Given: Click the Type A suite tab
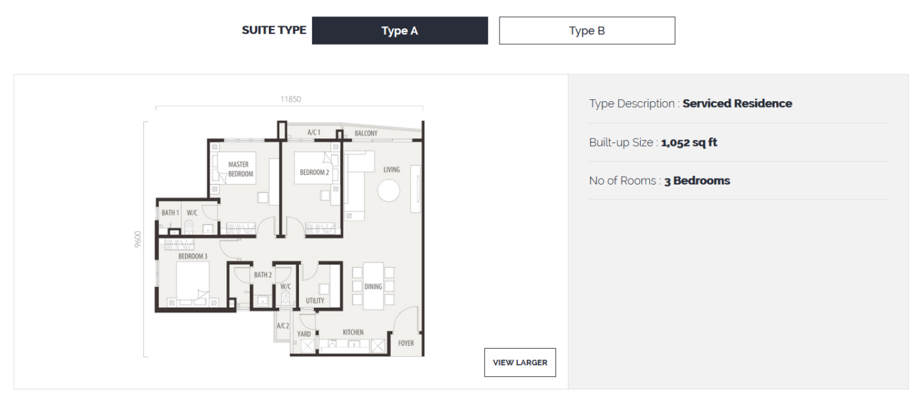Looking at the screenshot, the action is click(x=400, y=30).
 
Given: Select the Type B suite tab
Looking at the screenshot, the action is click(x=587, y=30).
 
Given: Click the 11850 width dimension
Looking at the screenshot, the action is click(x=290, y=99).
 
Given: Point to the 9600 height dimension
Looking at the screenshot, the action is click(x=137, y=239).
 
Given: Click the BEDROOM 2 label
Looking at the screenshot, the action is click(x=314, y=172).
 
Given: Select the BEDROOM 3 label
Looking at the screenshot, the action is click(x=193, y=256).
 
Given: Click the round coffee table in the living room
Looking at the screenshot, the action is click(x=388, y=191).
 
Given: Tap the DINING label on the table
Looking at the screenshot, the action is click(x=373, y=287).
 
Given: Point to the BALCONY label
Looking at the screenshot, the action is click(x=366, y=133).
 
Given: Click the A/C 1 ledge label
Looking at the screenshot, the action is click(x=314, y=133).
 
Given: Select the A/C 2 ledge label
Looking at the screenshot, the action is click(x=283, y=326).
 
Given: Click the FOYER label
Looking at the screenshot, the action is click(x=406, y=343).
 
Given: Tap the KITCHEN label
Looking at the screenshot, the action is click(x=354, y=332).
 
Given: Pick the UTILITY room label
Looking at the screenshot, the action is click(x=315, y=301).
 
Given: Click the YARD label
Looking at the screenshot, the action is click(x=304, y=334).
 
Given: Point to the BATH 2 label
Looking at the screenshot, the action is click(x=263, y=275).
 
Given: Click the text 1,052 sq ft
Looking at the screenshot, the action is click(x=689, y=143).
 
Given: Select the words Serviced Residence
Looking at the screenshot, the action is click(x=737, y=103).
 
